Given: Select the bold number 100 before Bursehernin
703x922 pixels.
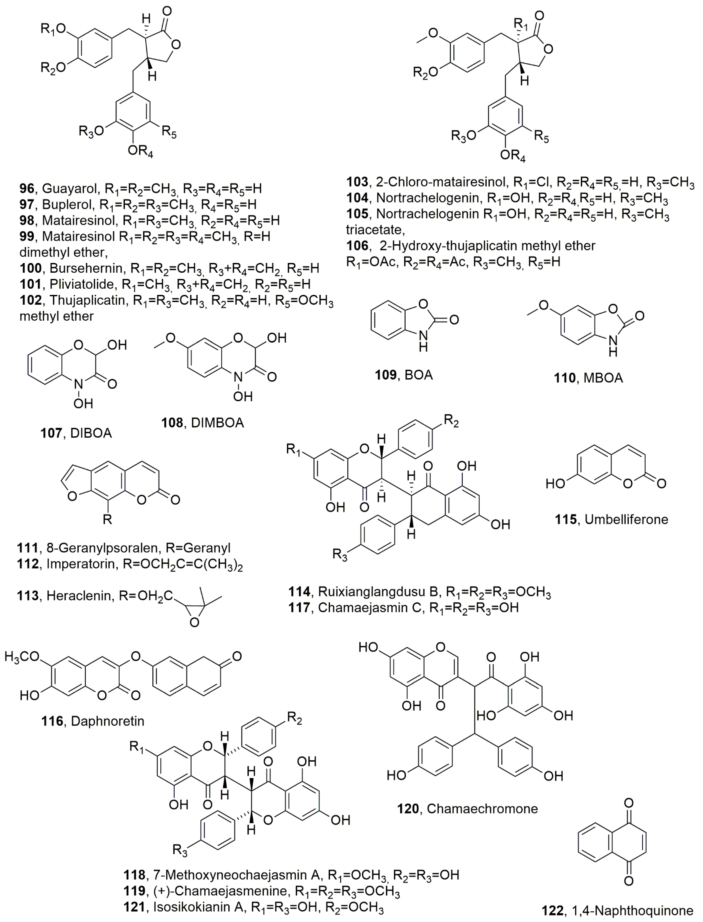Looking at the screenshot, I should [x=31, y=268].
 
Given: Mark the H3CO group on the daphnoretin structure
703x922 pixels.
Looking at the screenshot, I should [x=22, y=657].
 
